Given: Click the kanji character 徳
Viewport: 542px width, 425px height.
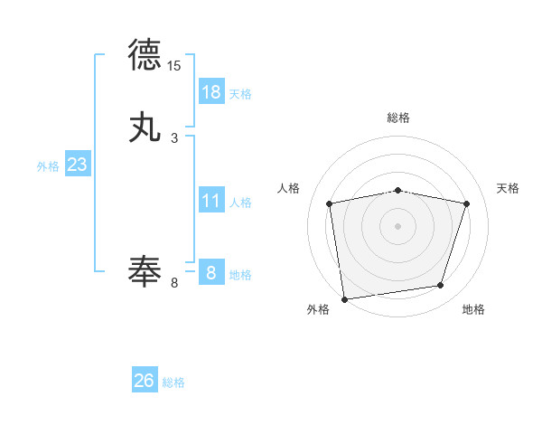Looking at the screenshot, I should point(145,55).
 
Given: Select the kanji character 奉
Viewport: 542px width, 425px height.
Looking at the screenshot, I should point(145,270).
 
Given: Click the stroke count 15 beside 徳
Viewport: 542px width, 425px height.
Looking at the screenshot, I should point(174,66).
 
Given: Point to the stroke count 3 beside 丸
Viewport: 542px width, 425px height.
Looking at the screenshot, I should point(174,138).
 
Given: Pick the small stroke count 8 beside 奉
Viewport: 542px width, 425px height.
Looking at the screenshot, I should point(174,283).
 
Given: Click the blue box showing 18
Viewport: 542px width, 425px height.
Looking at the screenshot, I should point(211,92).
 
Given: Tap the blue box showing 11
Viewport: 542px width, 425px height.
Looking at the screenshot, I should point(211,201).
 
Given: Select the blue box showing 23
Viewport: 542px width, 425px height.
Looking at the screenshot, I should point(77,165).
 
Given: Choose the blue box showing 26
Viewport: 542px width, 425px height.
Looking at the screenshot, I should point(145,381).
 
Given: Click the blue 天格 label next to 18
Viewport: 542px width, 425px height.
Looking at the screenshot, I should point(240,93).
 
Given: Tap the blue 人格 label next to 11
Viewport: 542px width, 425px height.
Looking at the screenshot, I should point(240,202).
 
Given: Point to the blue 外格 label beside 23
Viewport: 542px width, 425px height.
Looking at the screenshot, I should point(48,166).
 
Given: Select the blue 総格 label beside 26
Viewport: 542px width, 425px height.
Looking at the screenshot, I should point(173,382).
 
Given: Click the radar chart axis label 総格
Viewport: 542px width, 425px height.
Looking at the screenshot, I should point(398,118).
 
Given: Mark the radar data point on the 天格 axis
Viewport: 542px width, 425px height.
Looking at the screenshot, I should point(467,203).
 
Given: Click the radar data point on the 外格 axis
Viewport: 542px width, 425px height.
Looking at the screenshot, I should point(344,298).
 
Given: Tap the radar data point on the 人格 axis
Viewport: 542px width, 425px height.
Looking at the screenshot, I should point(330,203).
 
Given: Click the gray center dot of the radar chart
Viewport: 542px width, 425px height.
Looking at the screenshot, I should point(398,225).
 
